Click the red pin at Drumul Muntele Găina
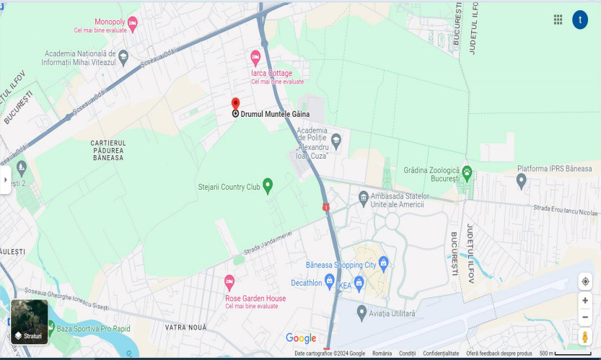[x=235, y=103]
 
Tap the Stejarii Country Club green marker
[x=268, y=185]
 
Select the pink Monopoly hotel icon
[x=132, y=23]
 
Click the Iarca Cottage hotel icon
[x=255, y=57]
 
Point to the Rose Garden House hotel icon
[x=229, y=281]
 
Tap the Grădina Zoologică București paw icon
[x=467, y=172]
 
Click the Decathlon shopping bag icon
[x=329, y=280]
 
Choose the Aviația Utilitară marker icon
[x=362, y=312]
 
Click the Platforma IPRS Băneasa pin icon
[x=522, y=180]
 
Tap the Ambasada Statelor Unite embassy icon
[x=364, y=197]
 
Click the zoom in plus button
[x=585, y=301]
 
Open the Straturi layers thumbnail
[x=30, y=321]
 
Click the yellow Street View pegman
[x=585, y=337]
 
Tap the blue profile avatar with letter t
[x=580, y=20]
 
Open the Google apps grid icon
[x=558, y=20]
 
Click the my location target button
[x=585, y=281]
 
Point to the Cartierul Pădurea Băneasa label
[x=108, y=150]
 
